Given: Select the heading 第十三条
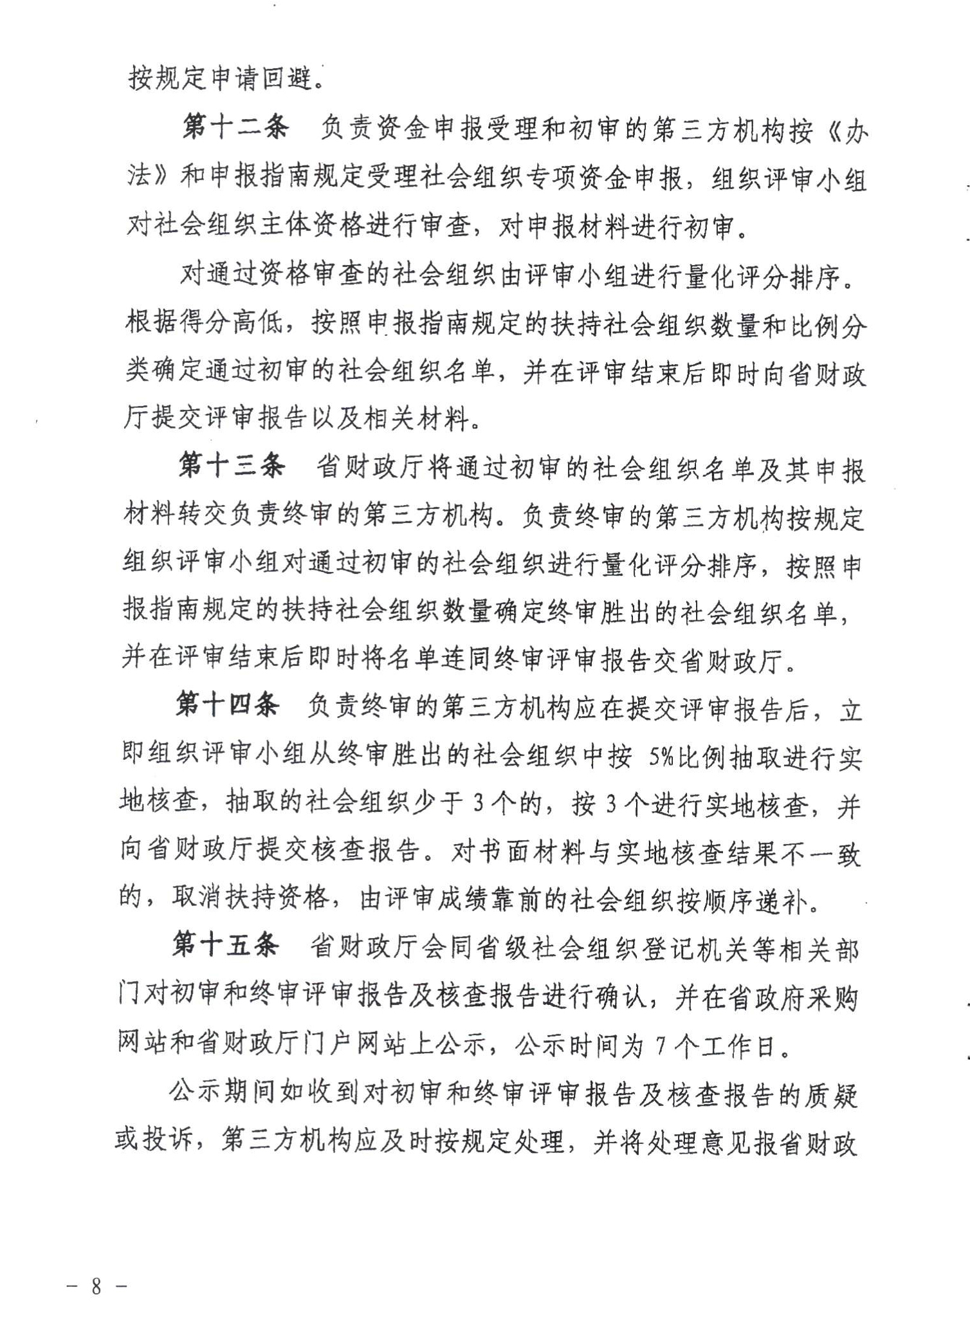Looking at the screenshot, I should coord(232,466).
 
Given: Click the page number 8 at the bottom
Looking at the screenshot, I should coord(97,1286).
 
